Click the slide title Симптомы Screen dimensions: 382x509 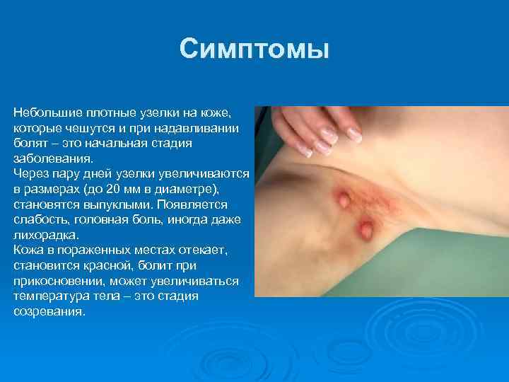[255, 50]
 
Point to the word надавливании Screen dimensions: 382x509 [204, 128]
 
